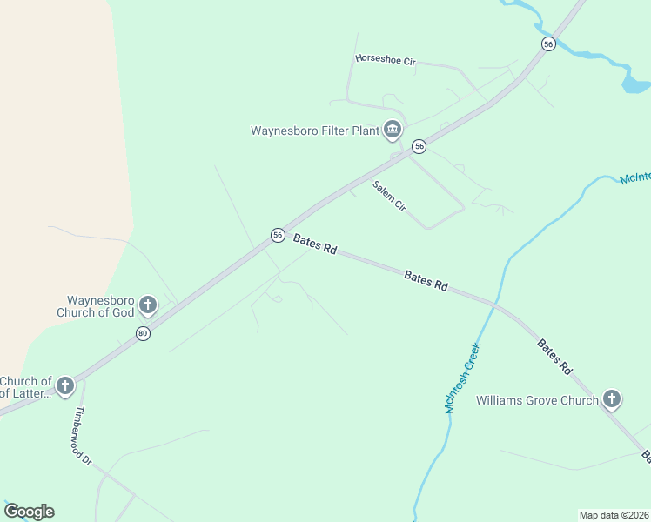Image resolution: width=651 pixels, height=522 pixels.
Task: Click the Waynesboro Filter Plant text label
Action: (x=314, y=131)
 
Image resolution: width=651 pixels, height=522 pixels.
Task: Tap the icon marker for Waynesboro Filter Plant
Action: (x=393, y=130)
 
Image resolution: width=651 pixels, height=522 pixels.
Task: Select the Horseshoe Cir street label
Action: (x=386, y=59)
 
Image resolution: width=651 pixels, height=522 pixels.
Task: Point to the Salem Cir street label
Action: (x=389, y=197)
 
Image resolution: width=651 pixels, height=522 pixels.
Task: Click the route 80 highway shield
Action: (x=143, y=333)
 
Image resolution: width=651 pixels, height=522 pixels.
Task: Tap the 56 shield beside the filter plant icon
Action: (x=419, y=146)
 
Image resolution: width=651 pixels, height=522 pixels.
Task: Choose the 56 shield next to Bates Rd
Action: (x=278, y=235)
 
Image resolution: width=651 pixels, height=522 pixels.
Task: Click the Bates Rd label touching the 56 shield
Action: (x=315, y=244)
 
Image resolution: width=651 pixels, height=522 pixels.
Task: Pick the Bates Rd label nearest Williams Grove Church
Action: (x=554, y=356)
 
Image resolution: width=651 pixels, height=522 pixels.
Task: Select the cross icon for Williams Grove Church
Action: (x=612, y=399)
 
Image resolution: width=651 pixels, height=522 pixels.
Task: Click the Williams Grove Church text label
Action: (x=537, y=401)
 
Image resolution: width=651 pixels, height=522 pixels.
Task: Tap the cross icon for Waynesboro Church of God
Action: (x=148, y=304)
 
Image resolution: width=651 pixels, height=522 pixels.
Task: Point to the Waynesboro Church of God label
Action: (x=96, y=306)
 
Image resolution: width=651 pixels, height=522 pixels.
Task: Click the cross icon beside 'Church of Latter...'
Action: (x=65, y=385)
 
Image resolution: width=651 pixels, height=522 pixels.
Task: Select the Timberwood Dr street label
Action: (x=84, y=436)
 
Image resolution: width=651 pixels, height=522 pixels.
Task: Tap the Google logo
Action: (x=29, y=511)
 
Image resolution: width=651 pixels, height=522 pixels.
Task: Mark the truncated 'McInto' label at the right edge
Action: (x=634, y=178)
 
